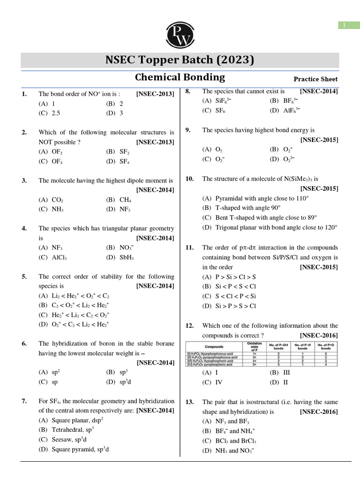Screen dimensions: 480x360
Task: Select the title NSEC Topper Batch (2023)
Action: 180,60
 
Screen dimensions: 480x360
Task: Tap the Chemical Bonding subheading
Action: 180,77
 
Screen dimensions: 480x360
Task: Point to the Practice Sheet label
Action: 315,79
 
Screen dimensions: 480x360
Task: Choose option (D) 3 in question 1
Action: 115,113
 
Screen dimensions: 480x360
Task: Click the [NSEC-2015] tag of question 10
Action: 319,188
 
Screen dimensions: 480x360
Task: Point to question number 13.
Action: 189,402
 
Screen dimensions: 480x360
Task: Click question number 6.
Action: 24,344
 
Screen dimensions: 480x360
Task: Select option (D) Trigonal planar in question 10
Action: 270,227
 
